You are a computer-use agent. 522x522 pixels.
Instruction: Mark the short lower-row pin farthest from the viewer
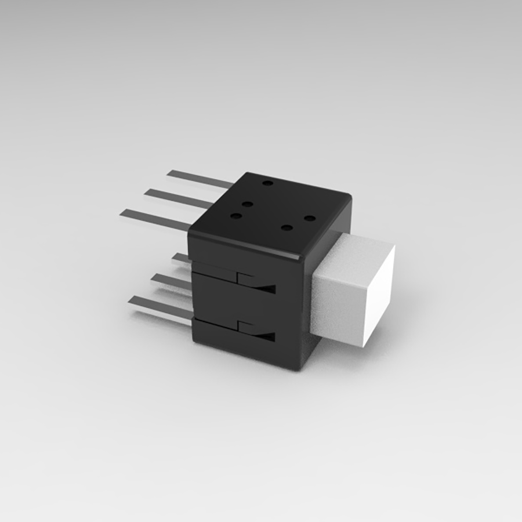[182, 257]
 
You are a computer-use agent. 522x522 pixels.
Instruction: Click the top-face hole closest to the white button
[310, 218]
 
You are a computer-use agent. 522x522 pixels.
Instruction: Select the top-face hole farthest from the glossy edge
[267, 183]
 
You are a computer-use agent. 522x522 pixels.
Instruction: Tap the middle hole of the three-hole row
[247, 204]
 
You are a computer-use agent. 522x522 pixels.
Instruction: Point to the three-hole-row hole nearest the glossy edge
[235, 216]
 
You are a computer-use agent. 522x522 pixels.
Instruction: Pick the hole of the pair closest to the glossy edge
[285, 226]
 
